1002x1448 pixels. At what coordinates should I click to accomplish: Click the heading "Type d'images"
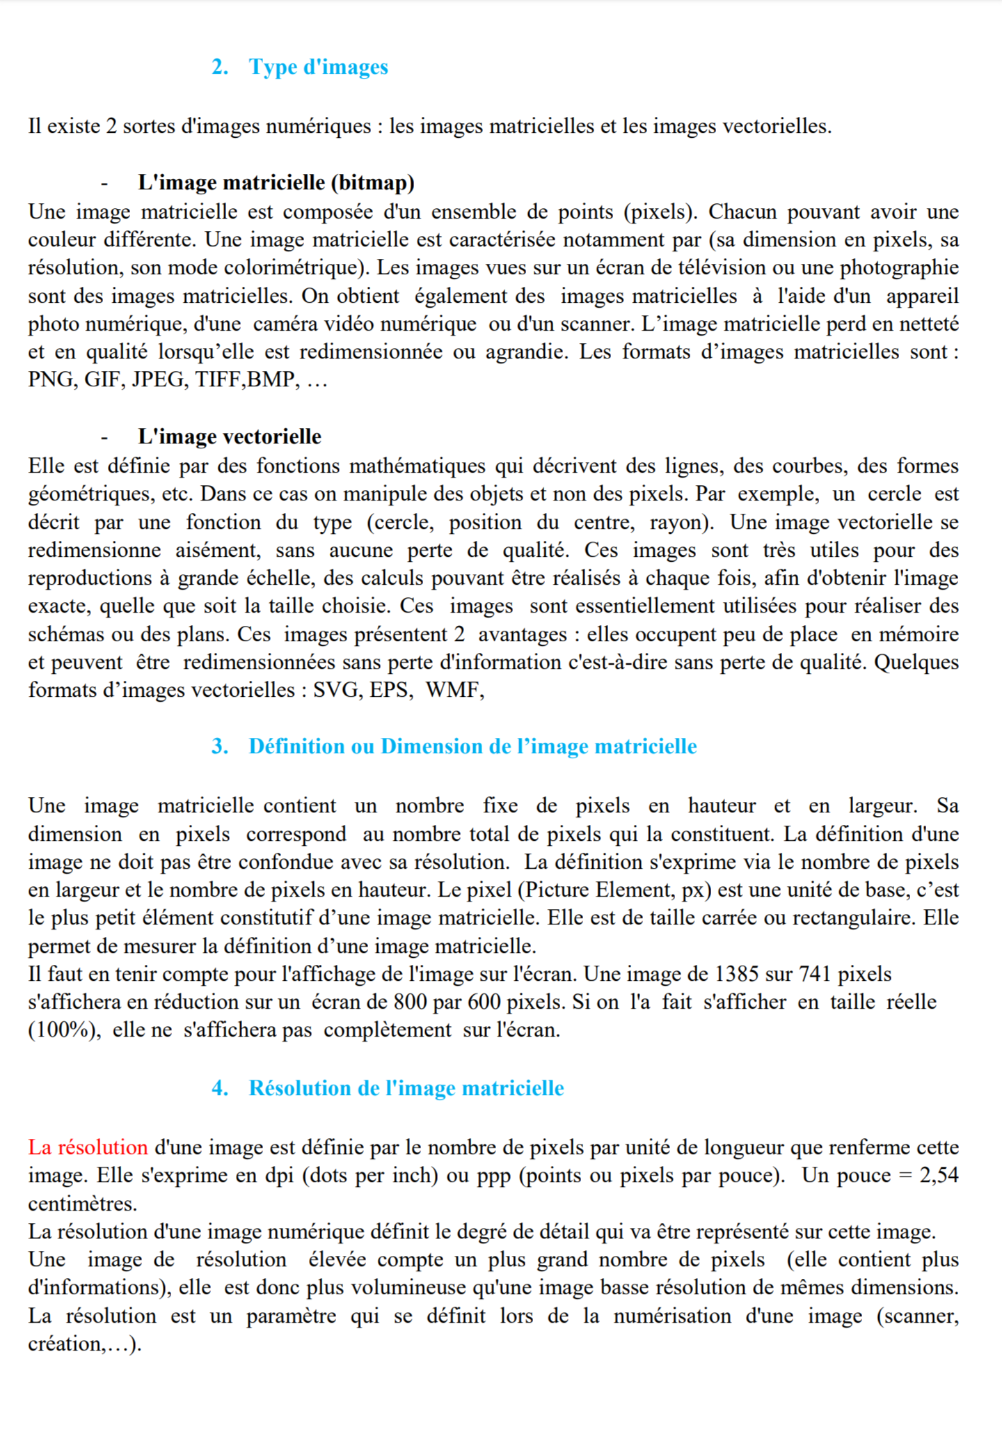click(318, 67)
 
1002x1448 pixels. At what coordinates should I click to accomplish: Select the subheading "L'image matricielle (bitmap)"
click(276, 182)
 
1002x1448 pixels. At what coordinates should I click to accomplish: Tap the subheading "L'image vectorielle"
click(230, 436)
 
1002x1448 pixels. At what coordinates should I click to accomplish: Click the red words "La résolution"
click(88, 1147)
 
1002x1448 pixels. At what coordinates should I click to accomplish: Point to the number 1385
click(738, 974)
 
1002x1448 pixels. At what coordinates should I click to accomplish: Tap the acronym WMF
click(454, 690)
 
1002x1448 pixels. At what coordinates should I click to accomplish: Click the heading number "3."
click(220, 746)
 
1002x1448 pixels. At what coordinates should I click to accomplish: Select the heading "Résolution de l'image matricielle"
click(406, 1088)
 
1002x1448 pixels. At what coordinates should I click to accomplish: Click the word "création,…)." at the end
click(84, 1344)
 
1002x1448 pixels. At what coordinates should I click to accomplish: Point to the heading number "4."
click(220, 1088)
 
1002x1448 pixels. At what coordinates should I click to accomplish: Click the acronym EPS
click(389, 690)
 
